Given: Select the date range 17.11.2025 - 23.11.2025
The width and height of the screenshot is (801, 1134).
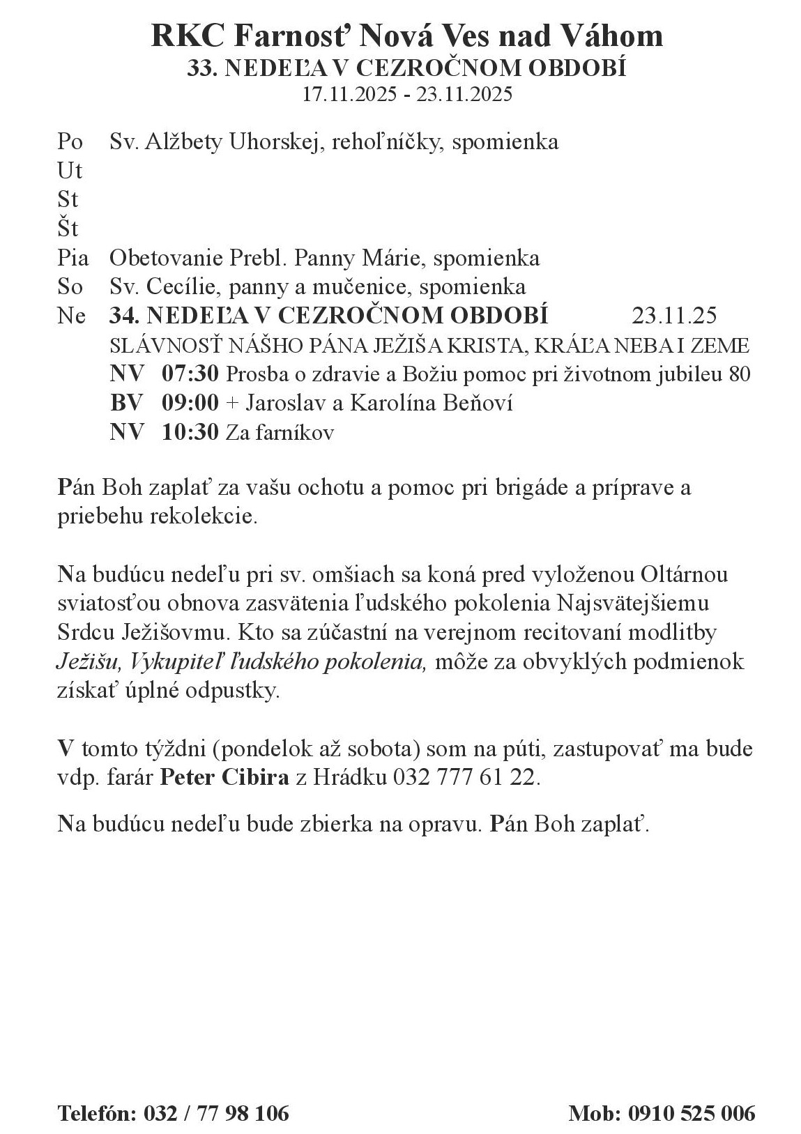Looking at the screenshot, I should pos(407,94).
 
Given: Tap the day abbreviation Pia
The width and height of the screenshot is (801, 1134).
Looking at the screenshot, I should pos(73,258).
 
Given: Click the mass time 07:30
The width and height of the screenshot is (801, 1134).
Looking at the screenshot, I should pos(190,374).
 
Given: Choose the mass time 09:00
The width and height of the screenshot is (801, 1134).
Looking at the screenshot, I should pos(190,403).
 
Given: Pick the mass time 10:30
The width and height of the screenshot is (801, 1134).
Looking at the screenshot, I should pos(190,432).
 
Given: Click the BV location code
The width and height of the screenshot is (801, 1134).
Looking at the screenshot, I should pos(127,403).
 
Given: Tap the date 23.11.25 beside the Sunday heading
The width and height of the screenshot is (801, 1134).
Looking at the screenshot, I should pos(674,316).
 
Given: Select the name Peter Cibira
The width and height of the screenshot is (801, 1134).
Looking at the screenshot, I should pos(224,777).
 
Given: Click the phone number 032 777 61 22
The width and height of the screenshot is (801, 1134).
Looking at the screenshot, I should pos(466,777).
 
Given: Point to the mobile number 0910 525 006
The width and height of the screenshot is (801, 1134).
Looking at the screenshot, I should pos(692,1112).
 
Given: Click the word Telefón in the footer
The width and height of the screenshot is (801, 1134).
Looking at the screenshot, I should pos(96,1112).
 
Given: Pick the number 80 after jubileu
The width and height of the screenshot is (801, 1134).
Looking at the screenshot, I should pos(739,374).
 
